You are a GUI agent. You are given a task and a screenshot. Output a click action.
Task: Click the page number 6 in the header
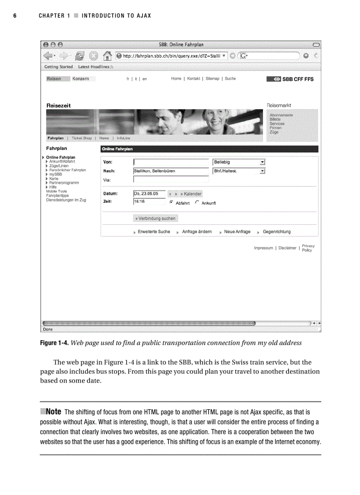coord(15,16)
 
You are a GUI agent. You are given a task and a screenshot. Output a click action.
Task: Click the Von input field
coord(171,162)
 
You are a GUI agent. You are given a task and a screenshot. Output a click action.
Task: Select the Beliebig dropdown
coord(239,162)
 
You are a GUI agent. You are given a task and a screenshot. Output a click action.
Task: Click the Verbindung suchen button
coord(155,218)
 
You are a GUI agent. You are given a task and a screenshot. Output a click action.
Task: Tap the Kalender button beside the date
coord(191,194)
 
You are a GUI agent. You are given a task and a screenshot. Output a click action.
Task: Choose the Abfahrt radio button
coord(171,203)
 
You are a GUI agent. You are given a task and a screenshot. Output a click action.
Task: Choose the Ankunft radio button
coord(197,203)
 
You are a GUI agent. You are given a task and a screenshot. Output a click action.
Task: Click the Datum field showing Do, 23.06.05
coord(149,194)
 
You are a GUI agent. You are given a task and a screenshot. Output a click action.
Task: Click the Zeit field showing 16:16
coord(149,202)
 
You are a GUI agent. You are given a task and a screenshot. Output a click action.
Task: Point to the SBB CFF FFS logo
coord(290,79)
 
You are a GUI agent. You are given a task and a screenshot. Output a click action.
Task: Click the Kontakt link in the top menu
coord(193,79)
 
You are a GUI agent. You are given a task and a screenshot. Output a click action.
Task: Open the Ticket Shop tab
coord(82,138)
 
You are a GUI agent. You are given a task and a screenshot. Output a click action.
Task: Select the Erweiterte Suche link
coord(154,232)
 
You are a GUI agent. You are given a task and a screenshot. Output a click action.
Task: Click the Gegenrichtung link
coord(277,232)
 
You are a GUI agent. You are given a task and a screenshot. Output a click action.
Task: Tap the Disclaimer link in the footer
coord(287,248)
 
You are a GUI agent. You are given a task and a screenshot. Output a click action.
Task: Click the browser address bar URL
coord(171,56)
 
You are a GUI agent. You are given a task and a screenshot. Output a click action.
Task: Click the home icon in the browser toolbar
coord(106,56)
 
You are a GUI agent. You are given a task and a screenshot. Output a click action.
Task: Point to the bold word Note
coord(53,412)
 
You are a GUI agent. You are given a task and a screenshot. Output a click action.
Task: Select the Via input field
coord(171,179)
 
